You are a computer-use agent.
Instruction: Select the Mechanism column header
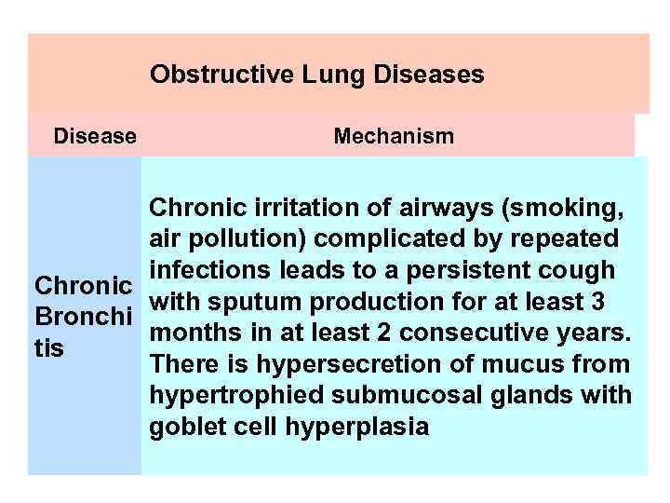pyautogui.click(x=394, y=137)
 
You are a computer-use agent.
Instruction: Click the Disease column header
pyautogui.click(x=95, y=137)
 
